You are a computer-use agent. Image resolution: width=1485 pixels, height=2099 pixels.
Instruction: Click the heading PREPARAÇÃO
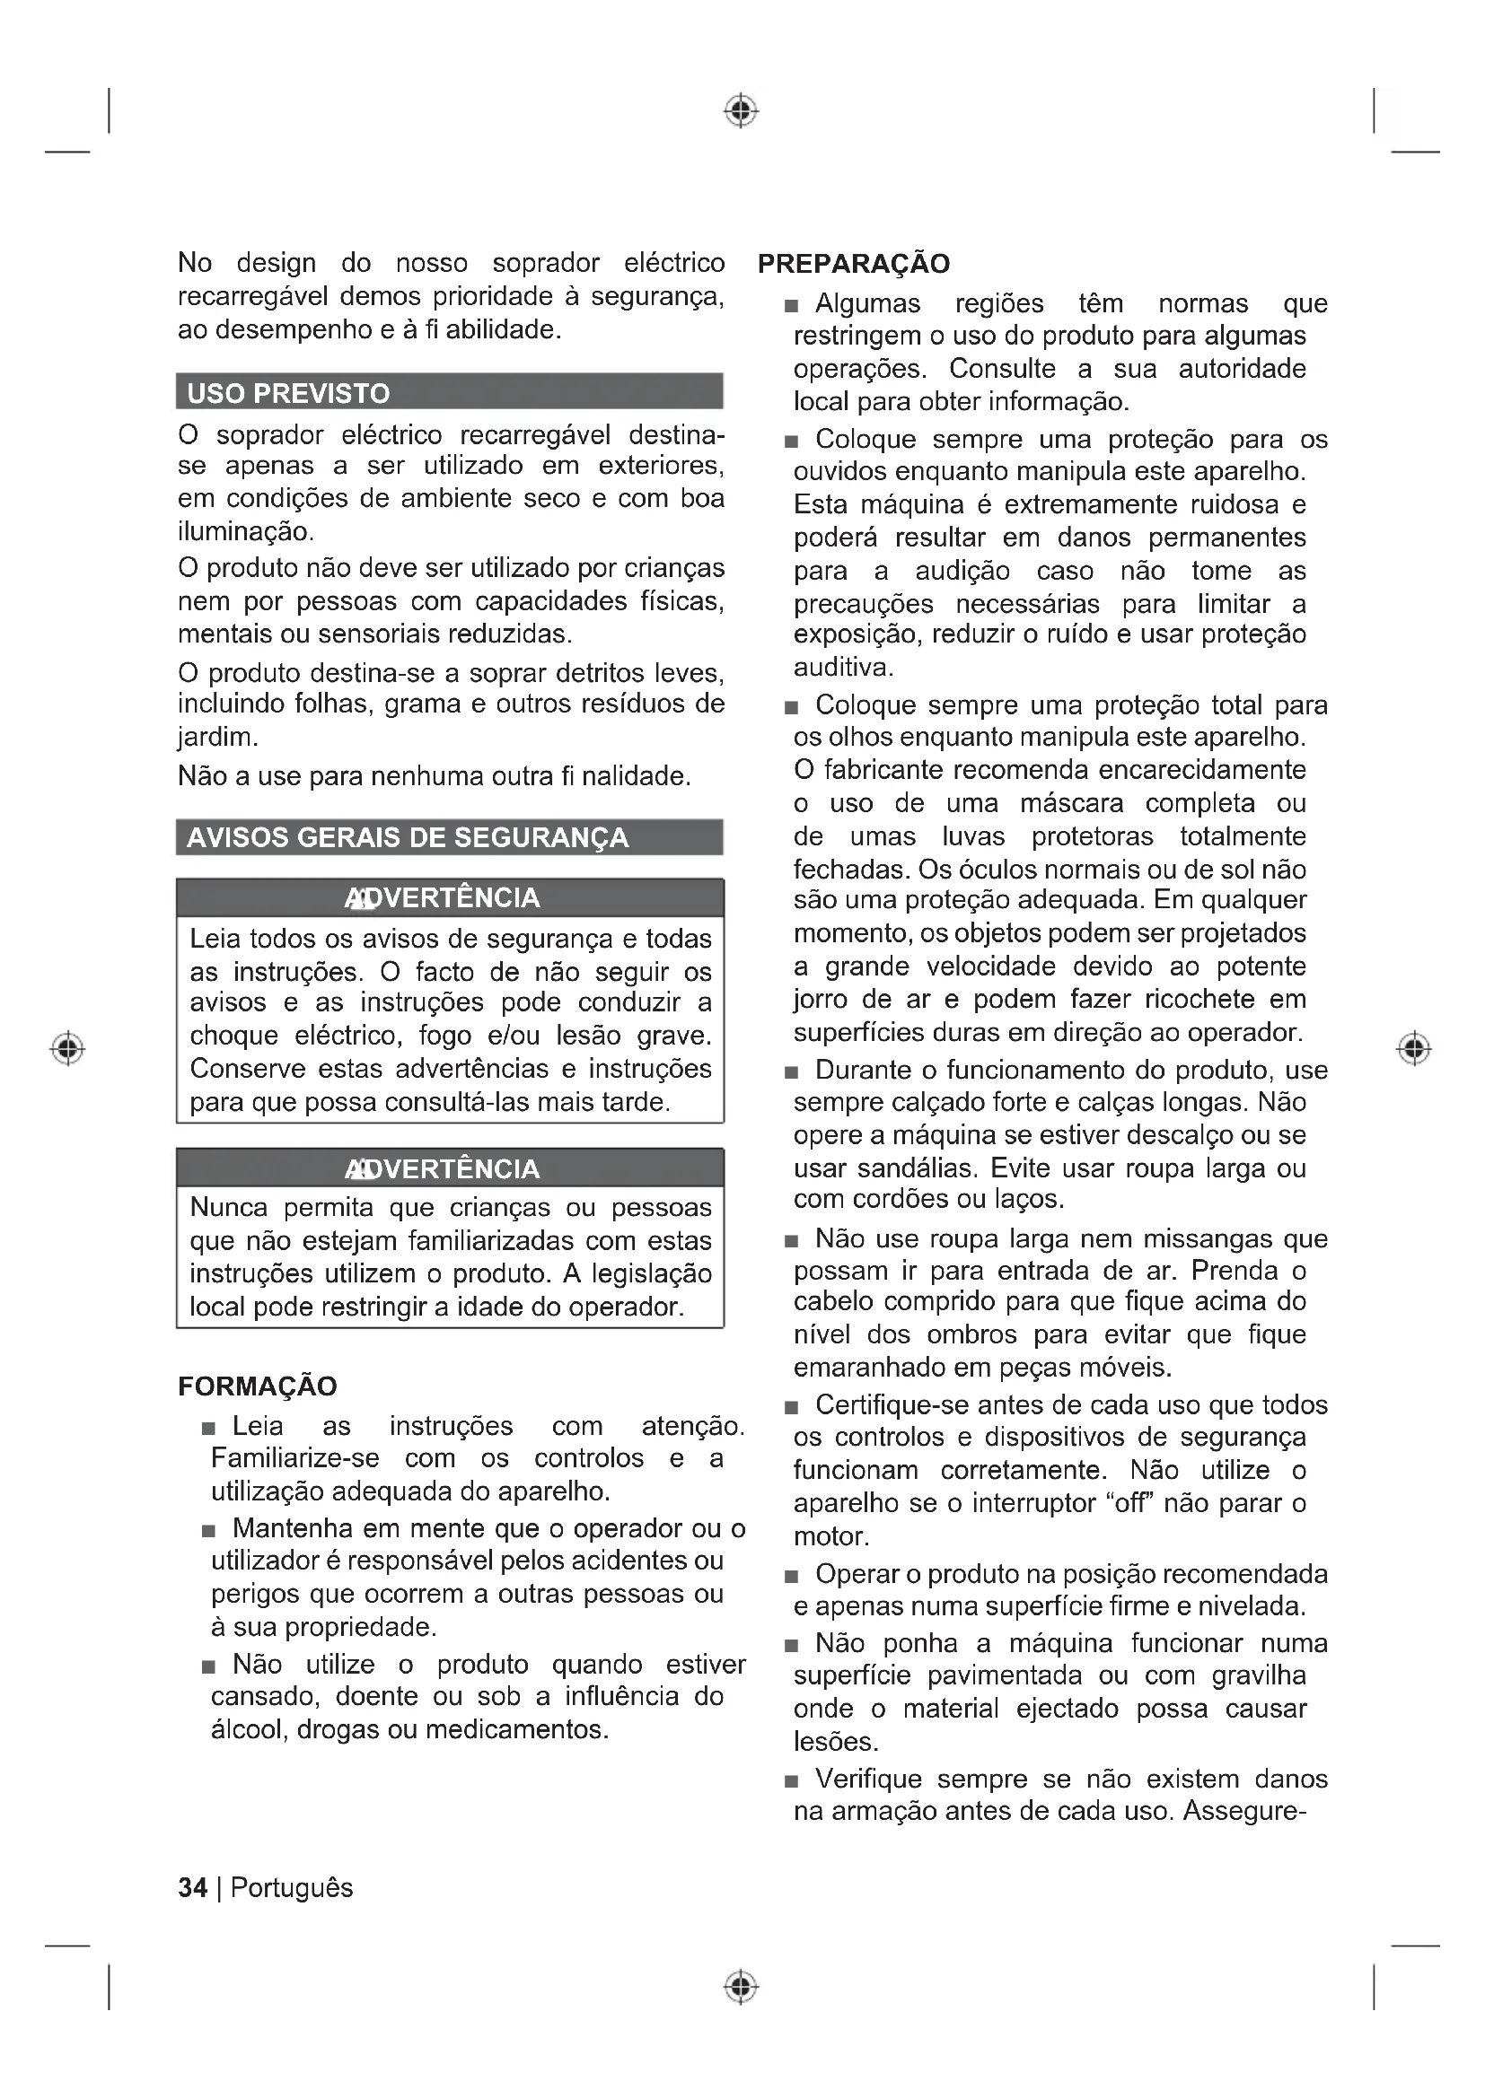click(x=853, y=264)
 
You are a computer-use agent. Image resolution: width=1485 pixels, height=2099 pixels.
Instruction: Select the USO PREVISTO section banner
click(x=449, y=392)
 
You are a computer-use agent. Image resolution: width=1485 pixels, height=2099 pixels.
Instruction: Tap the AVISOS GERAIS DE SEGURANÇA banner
click(x=449, y=837)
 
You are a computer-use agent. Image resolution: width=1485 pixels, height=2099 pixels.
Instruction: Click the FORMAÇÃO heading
click(x=257, y=1386)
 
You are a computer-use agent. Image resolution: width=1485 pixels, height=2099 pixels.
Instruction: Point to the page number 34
click(x=192, y=1888)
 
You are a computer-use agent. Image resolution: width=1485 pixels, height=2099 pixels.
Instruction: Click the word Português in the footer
click(x=292, y=1888)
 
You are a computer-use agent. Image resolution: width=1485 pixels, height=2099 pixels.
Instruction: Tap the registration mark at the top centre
click(x=742, y=110)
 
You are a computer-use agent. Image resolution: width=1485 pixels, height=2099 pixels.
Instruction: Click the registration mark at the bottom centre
click(x=742, y=1987)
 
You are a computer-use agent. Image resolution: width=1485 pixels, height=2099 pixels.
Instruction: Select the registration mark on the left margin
click(x=67, y=1047)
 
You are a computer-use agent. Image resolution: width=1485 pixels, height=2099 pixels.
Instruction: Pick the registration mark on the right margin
click(x=1414, y=1047)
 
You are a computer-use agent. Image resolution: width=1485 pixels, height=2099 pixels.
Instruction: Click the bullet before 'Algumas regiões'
click(x=791, y=305)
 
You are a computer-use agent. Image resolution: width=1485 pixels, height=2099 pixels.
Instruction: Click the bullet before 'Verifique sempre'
click(x=791, y=1780)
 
